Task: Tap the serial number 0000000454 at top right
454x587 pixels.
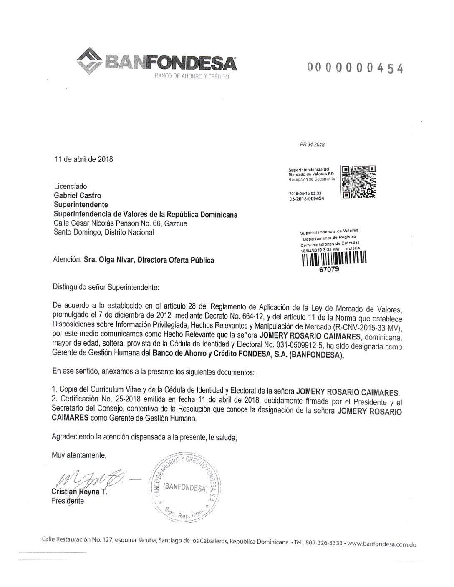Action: [356, 68]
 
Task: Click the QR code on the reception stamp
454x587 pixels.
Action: [358, 181]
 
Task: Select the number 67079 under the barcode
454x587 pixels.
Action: [329, 270]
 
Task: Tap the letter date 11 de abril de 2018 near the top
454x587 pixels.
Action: [84, 159]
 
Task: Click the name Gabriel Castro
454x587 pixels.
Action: [78, 195]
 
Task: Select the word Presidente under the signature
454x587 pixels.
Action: [67, 501]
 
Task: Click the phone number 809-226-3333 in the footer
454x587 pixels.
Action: [324, 544]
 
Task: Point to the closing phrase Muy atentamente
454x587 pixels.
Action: [79, 455]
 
